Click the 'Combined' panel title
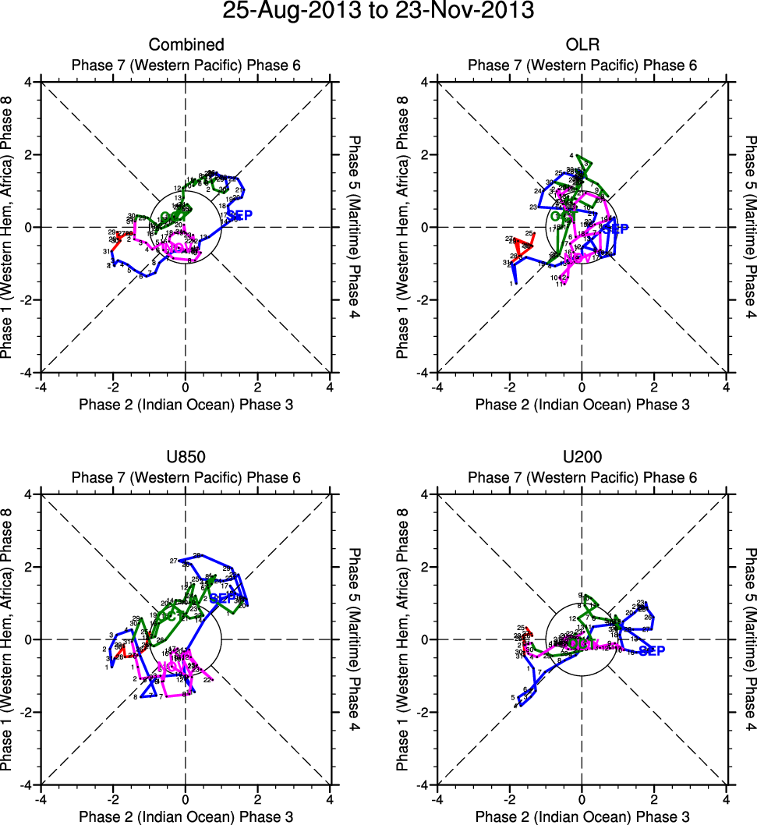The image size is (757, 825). (186, 44)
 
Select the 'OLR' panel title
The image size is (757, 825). (582, 44)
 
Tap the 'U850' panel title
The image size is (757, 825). (186, 457)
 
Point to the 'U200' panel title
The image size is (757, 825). (582, 457)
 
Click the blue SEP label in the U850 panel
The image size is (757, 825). (225, 598)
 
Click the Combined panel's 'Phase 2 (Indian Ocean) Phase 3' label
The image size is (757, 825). (186, 404)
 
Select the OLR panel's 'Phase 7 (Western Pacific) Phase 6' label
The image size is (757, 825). (582, 65)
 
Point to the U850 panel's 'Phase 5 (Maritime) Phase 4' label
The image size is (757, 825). (354, 639)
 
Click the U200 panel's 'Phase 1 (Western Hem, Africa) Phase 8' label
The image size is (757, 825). (402, 639)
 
